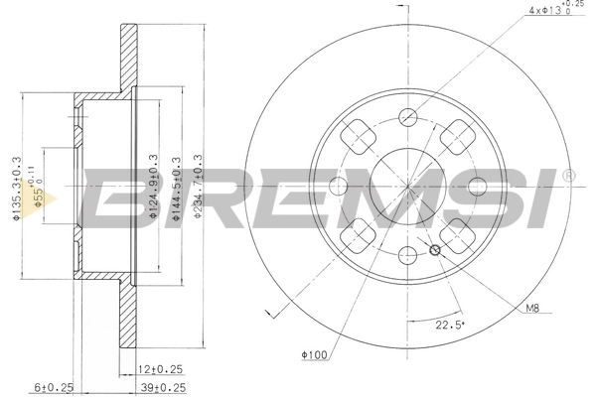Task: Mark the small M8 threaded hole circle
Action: (434, 250)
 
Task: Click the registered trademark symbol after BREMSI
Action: (567, 176)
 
